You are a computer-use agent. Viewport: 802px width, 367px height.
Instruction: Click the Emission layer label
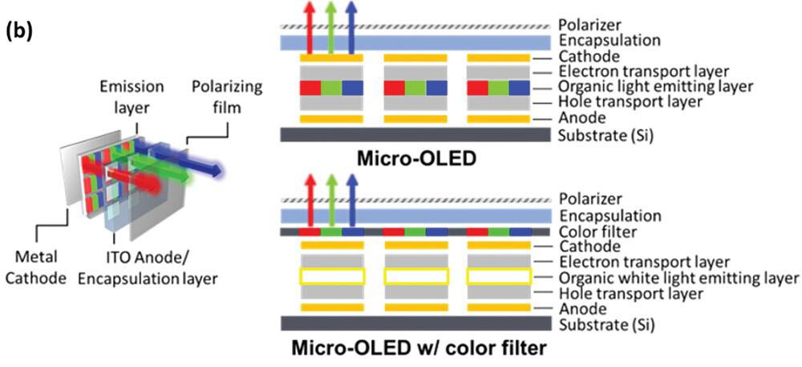[132, 93]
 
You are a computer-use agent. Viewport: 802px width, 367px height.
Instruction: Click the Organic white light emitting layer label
[678, 277]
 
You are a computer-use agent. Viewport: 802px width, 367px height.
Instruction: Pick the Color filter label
[597, 232]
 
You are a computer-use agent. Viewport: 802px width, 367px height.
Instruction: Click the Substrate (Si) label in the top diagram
[606, 134]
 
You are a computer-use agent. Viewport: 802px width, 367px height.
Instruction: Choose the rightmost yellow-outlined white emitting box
[498, 277]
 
